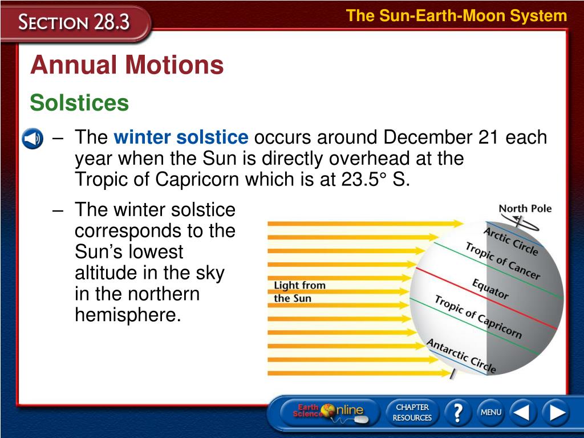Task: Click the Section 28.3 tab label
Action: point(74,22)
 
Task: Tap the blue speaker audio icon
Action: point(33,139)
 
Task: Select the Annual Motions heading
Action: point(127,65)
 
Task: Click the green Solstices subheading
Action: point(79,103)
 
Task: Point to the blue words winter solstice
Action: point(181,137)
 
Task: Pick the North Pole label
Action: point(525,209)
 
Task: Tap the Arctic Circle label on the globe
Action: point(511,241)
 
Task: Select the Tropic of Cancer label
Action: point(503,260)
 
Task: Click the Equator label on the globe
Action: point(490,289)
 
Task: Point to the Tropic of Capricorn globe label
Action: point(478,317)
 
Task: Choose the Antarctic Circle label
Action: point(461,356)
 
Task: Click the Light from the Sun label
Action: point(300,291)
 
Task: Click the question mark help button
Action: point(458,412)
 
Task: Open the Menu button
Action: point(491,412)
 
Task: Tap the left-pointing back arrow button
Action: point(523,412)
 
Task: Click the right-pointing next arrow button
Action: point(556,412)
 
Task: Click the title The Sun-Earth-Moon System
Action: point(457,16)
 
